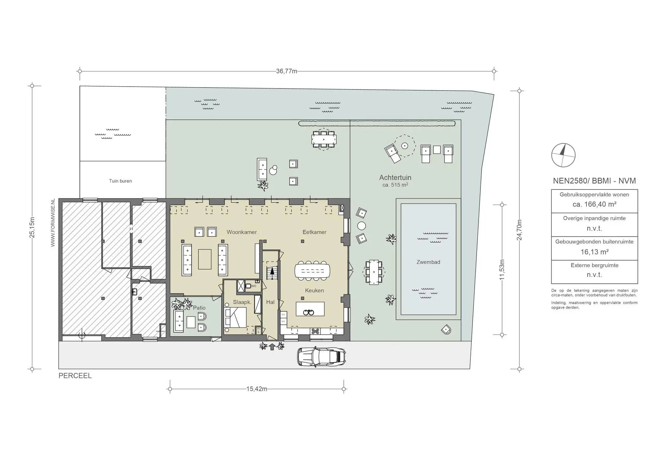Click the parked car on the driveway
(x=321, y=356)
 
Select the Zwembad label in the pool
(x=428, y=262)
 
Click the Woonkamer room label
(x=242, y=232)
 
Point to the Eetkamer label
(x=314, y=232)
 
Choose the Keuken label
(x=314, y=290)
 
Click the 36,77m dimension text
(x=286, y=71)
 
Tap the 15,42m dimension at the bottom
(x=256, y=389)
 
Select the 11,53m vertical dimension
(x=502, y=269)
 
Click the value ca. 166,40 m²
(x=594, y=204)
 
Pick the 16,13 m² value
(x=594, y=252)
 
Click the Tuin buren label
(x=120, y=181)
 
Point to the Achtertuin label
(x=395, y=178)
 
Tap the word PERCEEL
(x=75, y=376)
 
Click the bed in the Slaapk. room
(x=235, y=317)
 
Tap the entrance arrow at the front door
(x=272, y=347)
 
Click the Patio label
(x=199, y=308)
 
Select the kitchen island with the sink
(x=310, y=309)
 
